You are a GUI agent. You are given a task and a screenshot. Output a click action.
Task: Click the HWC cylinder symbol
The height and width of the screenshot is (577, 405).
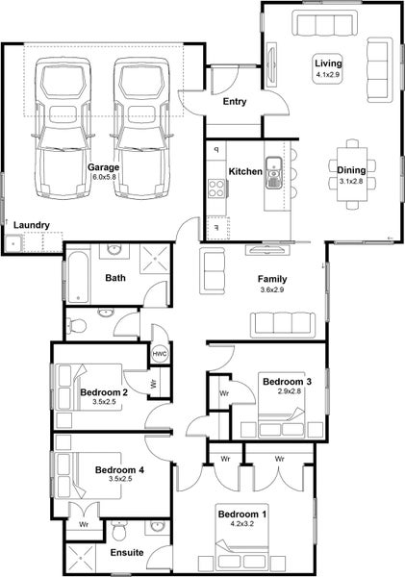click(160, 354)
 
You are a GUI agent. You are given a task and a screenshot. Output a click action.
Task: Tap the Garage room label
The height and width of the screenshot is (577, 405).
click(103, 167)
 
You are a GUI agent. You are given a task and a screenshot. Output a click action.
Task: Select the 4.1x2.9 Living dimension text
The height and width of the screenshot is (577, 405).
click(327, 74)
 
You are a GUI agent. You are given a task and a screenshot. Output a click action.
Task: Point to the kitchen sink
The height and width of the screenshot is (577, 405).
click(273, 172)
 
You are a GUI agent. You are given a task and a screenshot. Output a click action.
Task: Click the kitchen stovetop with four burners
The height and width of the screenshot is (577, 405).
click(216, 188)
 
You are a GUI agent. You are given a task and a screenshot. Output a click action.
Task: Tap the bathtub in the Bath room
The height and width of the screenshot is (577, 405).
click(78, 276)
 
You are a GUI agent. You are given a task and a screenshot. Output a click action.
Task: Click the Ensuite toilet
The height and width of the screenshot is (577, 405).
click(119, 530)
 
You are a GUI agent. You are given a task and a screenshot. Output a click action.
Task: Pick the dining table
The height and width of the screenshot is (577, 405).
click(352, 174)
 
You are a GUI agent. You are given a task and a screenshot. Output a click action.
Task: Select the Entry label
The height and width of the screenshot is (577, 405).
click(235, 102)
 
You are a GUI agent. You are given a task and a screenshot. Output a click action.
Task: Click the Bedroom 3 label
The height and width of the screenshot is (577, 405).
click(287, 382)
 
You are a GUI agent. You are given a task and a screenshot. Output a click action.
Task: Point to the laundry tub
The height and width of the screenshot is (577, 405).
click(13, 243)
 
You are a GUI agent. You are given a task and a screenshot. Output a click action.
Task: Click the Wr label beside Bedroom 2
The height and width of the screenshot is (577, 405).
click(154, 384)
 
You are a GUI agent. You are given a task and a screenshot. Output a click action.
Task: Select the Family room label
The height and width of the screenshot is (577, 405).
click(272, 279)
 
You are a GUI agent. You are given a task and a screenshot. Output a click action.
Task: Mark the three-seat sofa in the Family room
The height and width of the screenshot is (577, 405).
click(283, 325)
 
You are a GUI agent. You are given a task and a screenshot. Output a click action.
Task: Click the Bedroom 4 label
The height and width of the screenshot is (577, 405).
click(119, 470)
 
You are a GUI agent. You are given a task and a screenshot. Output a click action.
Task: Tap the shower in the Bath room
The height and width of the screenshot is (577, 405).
click(156, 259)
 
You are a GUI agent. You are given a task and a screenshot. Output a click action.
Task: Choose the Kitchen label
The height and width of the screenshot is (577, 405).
click(245, 171)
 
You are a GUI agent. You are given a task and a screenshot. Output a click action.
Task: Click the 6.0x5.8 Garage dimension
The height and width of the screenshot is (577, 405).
click(104, 177)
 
